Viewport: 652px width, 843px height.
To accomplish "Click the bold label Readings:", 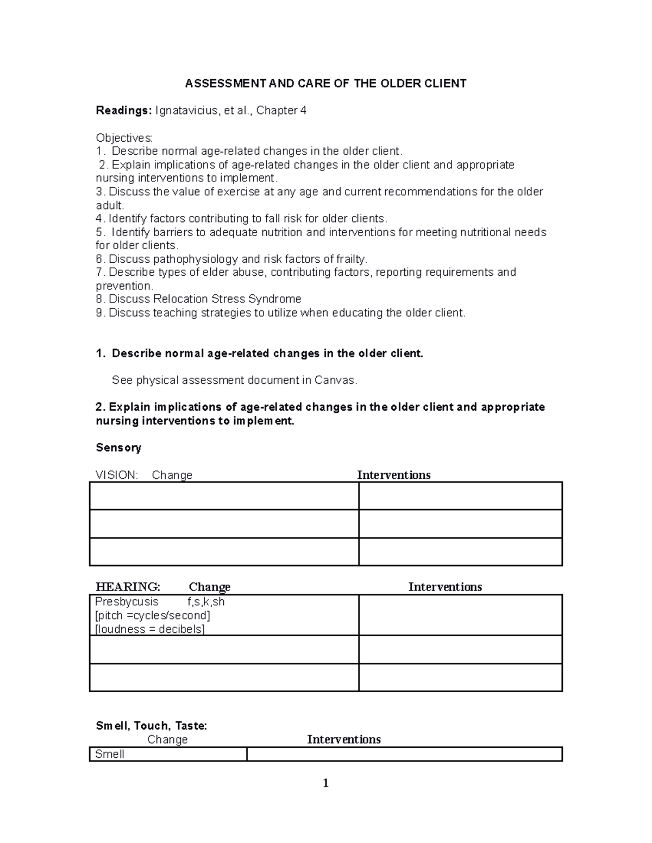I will click(x=123, y=111).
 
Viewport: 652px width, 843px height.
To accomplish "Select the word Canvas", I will click(x=335, y=381).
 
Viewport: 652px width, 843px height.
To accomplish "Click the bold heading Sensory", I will click(x=118, y=448).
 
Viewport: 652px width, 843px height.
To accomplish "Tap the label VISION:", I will click(x=116, y=475).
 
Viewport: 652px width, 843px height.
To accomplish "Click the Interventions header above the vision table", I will click(x=393, y=475).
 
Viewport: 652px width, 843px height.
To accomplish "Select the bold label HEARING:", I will click(x=128, y=587).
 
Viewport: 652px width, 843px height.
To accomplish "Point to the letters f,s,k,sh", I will click(x=206, y=601).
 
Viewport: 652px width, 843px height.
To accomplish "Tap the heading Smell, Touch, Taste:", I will click(x=151, y=726).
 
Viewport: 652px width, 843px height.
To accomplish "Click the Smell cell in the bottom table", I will click(x=110, y=754).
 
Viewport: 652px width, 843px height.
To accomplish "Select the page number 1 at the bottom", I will click(x=325, y=783).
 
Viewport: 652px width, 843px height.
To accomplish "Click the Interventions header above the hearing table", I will click(x=445, y=587).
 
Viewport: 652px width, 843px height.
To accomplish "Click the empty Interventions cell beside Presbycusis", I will click(x=460, y=615).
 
